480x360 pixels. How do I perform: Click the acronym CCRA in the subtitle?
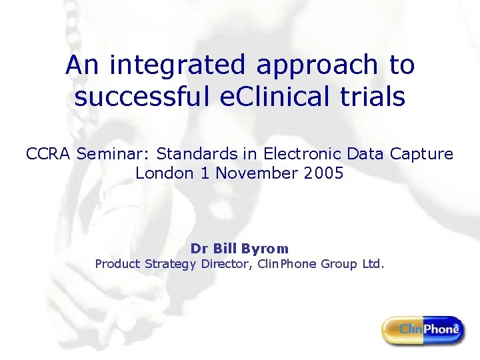pos(49,154)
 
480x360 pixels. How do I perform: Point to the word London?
pos(162,173)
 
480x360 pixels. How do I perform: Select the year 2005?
pos(321,173)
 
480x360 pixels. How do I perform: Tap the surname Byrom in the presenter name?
pos(265,249)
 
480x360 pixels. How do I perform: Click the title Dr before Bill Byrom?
pos(199,249)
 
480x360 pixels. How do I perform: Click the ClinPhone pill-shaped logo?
pos(423,329)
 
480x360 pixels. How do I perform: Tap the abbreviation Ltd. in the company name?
pos(373,264)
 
